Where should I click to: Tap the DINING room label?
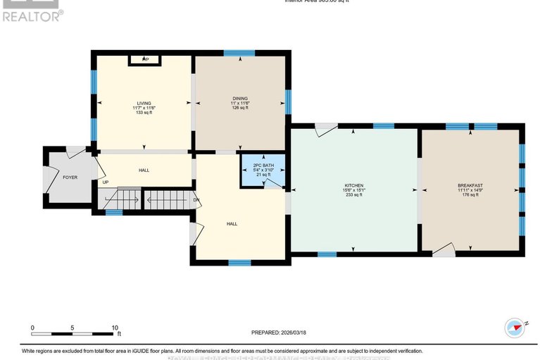(x=241, y=98)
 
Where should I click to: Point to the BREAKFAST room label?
(x=470, y=185)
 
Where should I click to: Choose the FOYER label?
(x=70, y=178)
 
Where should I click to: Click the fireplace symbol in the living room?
(x=146, y=61)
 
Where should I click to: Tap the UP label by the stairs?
(x=106, y=183)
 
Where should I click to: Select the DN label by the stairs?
(x=196, y=199)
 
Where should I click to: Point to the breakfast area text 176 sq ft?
(x=470, y=194)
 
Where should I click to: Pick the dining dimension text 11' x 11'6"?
(x=241, y=103)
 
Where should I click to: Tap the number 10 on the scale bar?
(x=115, y=328)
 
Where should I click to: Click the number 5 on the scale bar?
(x=73, y=328)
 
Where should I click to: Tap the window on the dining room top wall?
(x=239, y=53)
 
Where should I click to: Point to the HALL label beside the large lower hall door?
(x=232, y=224)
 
